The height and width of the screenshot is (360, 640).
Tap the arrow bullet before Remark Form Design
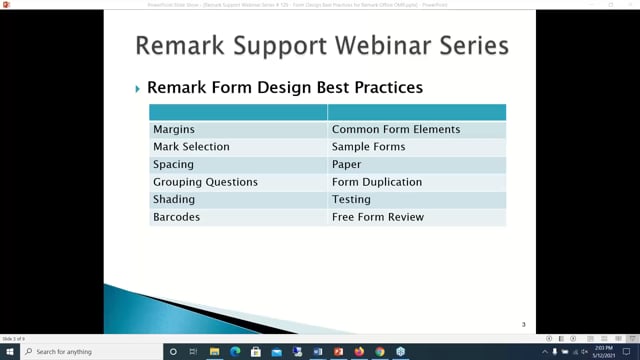138,89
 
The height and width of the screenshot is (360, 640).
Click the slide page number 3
524,325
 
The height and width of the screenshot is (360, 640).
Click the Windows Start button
9,352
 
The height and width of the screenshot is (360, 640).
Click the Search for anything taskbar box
90,352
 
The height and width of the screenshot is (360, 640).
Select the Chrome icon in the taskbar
380,352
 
